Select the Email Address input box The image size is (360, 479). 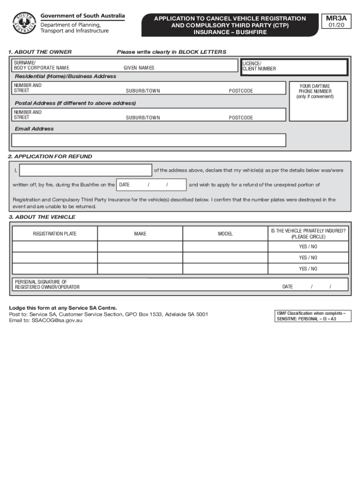pos(149,140)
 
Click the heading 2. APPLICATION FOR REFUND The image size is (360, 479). pos(50,157)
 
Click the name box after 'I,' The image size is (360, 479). pos(86,170)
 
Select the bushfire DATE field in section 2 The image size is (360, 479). pos(151,185)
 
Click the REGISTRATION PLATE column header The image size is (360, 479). pos(55,233)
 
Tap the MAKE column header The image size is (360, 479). pos(140,233)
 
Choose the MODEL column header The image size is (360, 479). pos(225,233)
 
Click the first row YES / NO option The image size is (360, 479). pos(308,247)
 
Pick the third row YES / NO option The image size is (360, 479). pos(308,269)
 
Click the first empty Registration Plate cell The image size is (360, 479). pos(55,247)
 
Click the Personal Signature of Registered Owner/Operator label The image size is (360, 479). pos(47,284)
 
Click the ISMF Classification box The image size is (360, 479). pos(311,316)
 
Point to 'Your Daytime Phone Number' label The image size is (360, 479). pos(315,91)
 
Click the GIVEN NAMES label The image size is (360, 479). pos(139,68)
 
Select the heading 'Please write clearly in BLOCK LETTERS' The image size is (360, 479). pos(172,52)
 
